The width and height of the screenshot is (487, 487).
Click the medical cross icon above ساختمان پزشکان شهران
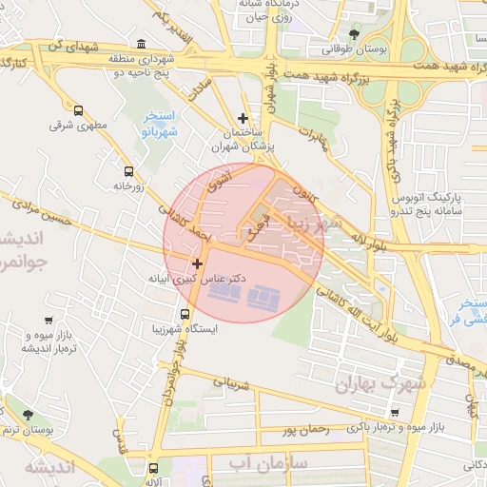click(243, 119)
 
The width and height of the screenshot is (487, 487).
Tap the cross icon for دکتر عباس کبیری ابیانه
click(198, 263)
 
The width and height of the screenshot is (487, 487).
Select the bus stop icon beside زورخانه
click(128, 171)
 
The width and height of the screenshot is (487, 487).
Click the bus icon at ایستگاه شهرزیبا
click(185, 314)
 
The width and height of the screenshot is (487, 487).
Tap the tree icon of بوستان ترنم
click(27, 415)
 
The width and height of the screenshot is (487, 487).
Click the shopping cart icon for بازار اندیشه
click(48, 322)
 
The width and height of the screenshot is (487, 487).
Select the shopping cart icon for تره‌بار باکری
click(395, 414)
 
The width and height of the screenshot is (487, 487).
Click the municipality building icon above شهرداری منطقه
click(142, 44)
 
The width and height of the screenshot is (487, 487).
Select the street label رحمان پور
click(304, 430)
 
